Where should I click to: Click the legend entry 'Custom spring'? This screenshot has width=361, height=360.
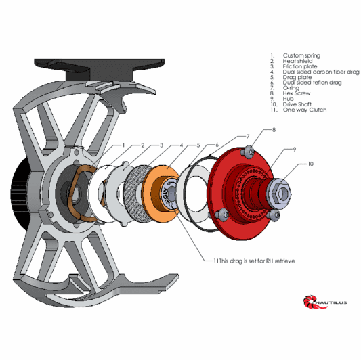pos(301,55)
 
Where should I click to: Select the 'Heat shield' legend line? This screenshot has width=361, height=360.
pos(297,61)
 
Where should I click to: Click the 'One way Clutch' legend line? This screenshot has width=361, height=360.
pos(305,110)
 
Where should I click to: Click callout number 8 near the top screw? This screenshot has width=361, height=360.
pos(274,129)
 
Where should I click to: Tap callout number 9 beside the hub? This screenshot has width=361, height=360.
pos(294,149)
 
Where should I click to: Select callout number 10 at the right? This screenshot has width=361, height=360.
pos(310,164)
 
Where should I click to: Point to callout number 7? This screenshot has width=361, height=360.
pos(247,137)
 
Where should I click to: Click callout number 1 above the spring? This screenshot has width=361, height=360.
pos(124,145)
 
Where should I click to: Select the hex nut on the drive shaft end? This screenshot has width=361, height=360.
pos(282,194)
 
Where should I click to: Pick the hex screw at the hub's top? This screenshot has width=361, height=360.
pos(249,150)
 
